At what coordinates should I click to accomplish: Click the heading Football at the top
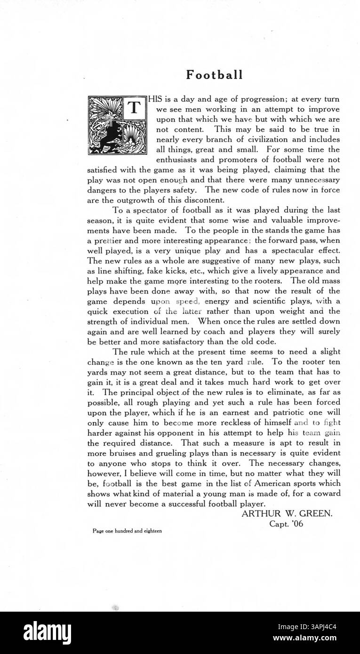pyautogui.click(x=214, y=75)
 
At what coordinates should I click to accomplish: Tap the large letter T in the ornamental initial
pyautogui.click(x=134, y=108)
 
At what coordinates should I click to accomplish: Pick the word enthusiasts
pyautogui.click(x=178, y=160)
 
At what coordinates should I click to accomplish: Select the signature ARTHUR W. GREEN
pyautogui.click(x=287, y=514)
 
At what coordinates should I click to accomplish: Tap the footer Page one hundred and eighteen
pyautogui.click(x=127, y=531)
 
